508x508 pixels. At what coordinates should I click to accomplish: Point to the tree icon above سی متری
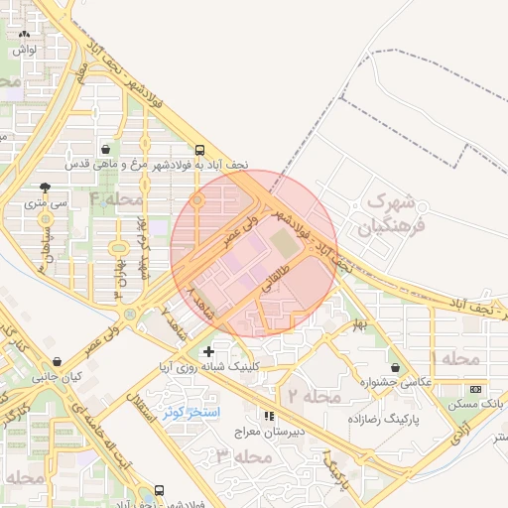pos(44,187)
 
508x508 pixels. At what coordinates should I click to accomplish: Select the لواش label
pos(25,48)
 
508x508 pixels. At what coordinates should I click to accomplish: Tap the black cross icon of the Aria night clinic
pos(208,351)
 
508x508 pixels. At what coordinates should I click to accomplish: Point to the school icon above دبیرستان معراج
pos(268,416)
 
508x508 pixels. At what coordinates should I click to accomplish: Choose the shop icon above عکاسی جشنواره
pos(397,367)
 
